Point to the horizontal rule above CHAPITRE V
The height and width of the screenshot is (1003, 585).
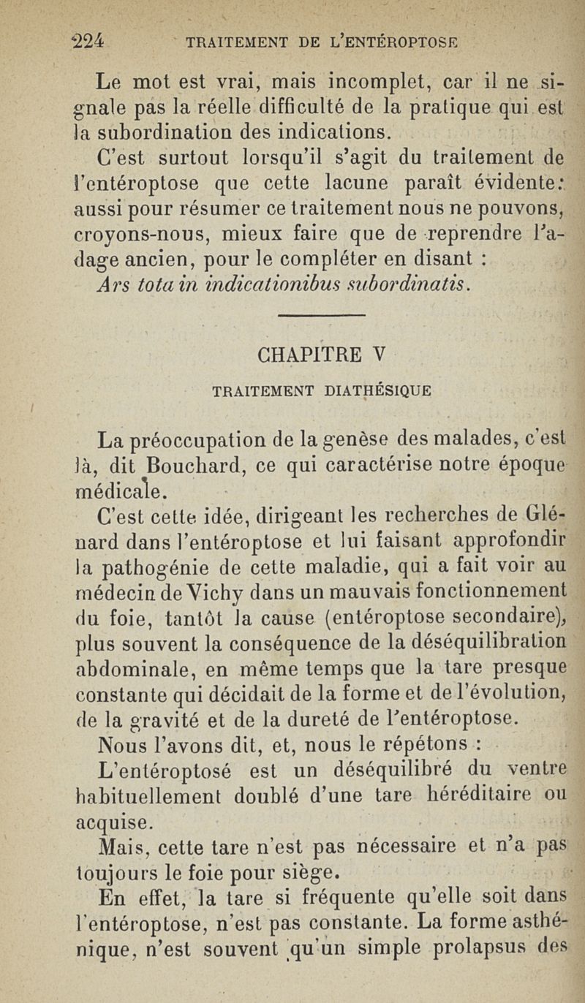click(x=322, y=316)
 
